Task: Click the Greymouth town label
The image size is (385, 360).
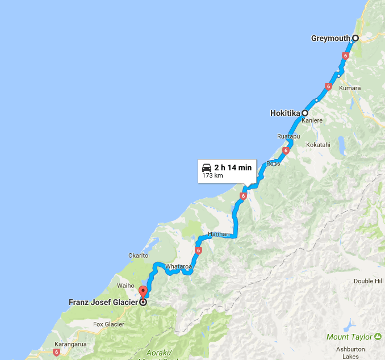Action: point(330,39)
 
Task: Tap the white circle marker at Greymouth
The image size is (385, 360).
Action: point(355,38)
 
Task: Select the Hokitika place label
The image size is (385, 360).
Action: point(285,113)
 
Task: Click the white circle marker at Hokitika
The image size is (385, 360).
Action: point(305,113)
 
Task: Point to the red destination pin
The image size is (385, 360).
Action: point(143,292)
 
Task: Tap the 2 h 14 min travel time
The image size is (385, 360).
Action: point(233,168)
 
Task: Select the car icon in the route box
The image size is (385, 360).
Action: point(207,168)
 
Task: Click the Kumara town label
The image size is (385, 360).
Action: point(350,89)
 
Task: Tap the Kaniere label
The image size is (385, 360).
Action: point(312,121)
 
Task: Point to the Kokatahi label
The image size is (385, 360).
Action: point(318,145)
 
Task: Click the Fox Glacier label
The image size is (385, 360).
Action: point(108,324)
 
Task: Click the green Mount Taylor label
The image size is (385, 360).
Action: point(349,337)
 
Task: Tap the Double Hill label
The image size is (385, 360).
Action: point(368,281)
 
